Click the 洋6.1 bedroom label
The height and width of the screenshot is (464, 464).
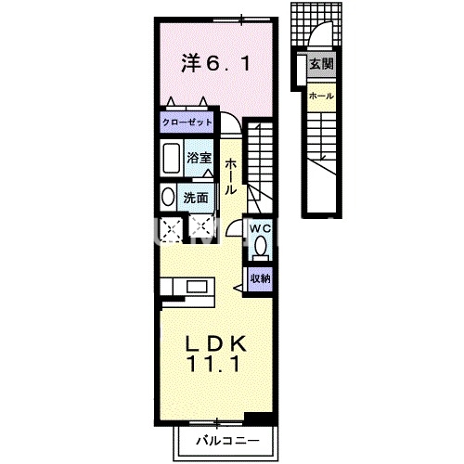click(214, 64)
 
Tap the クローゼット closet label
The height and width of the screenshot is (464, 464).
click(187, 122)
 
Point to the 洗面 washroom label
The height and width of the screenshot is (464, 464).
click(197, 197)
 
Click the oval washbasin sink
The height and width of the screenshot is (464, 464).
click(166, 197)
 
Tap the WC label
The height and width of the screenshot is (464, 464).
click(259, 227)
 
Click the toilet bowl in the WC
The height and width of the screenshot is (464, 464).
click(260, 246)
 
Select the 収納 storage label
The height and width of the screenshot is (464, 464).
click(260, 277)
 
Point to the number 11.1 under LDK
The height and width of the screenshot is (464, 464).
click(217, 366)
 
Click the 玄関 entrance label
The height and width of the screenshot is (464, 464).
click(321, 64)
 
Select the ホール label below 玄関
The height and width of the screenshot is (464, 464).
click(321, 96)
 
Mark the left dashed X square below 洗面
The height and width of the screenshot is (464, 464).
click(170, 228)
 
